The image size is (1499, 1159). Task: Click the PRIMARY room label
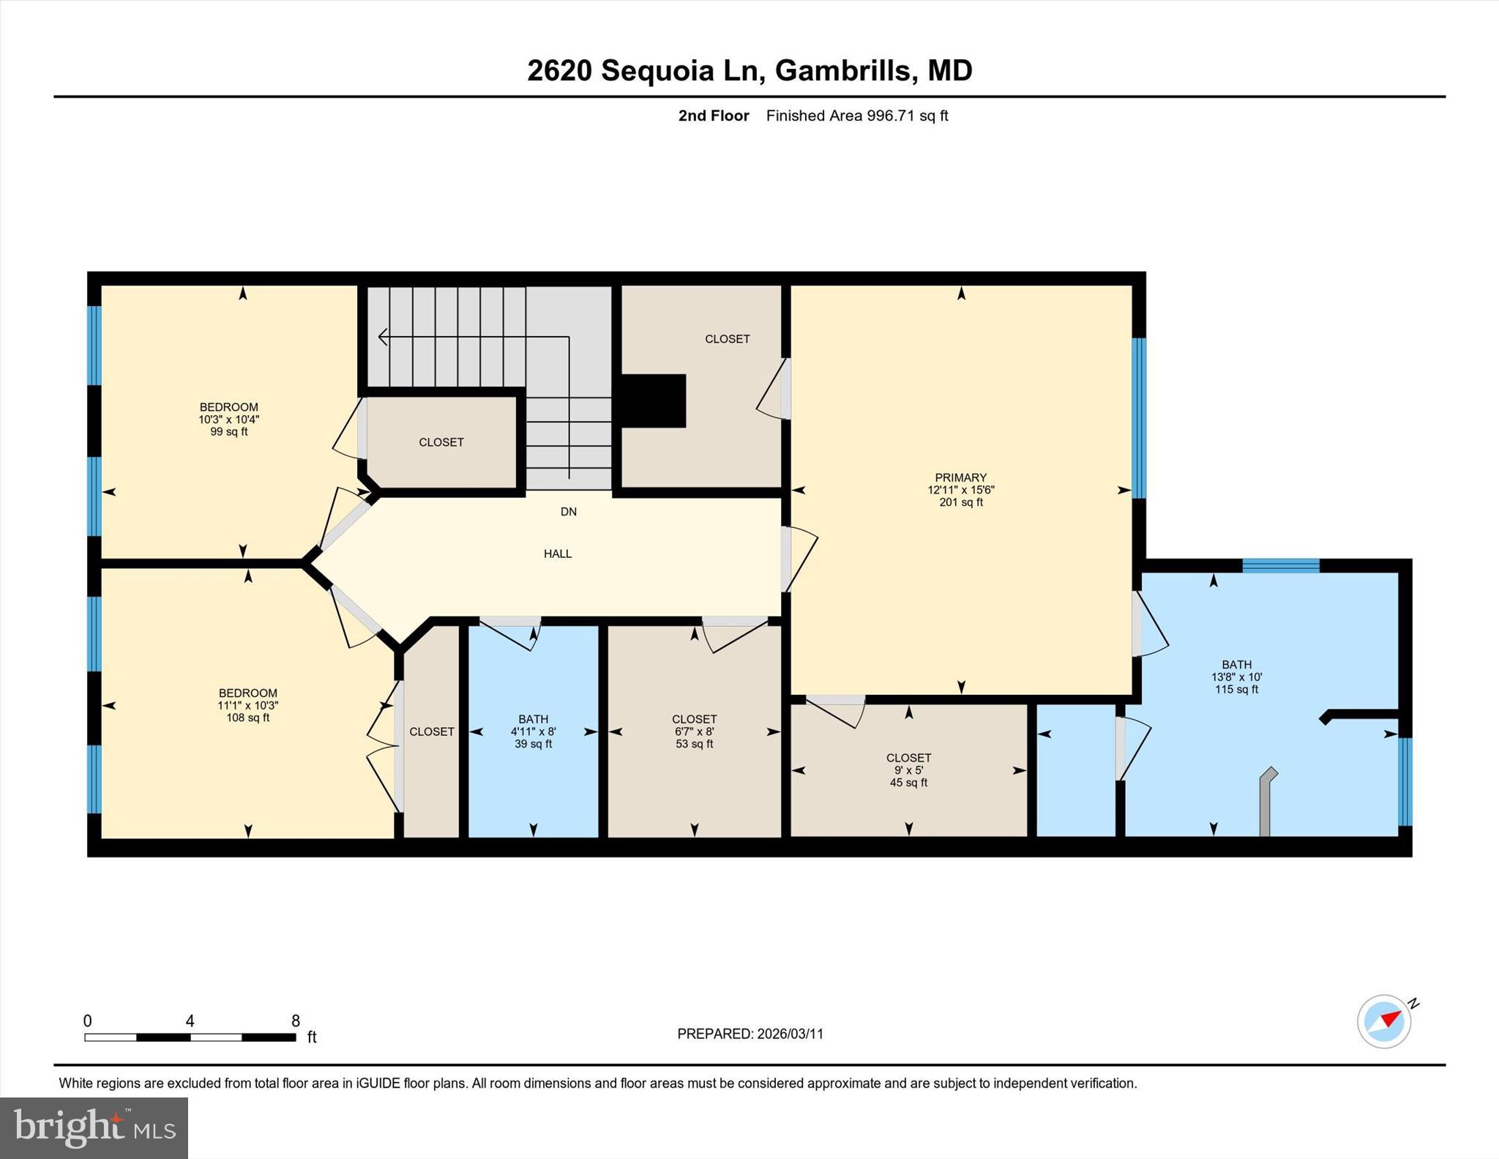coord(960,477)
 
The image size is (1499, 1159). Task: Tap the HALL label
coord(557,554)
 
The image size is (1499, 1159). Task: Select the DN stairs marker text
coord(568,512)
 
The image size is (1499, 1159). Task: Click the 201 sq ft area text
coord(960,502)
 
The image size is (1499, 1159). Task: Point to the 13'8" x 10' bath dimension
coord(1236,677)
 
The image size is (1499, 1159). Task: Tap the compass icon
coord(1384,1021)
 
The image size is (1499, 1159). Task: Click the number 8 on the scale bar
coord(296,1021)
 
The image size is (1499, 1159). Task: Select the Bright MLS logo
coord(94,1128)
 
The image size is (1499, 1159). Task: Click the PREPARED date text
coord(749,1034)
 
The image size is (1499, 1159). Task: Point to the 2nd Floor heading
coord(713,116)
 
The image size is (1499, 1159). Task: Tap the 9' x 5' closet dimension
coord(908,770)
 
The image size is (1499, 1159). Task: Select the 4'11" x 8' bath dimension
coord(533,731)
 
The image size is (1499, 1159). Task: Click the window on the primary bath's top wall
coord(1280,565)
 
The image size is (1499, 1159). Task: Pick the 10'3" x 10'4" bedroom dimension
coord(228,420)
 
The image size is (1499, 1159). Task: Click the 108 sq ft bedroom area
coord(247,718)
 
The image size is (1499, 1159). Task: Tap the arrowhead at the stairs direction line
coord(382,337)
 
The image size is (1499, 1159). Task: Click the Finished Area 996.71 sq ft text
coord(856,116)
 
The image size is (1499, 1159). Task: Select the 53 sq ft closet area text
coord(694,744)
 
